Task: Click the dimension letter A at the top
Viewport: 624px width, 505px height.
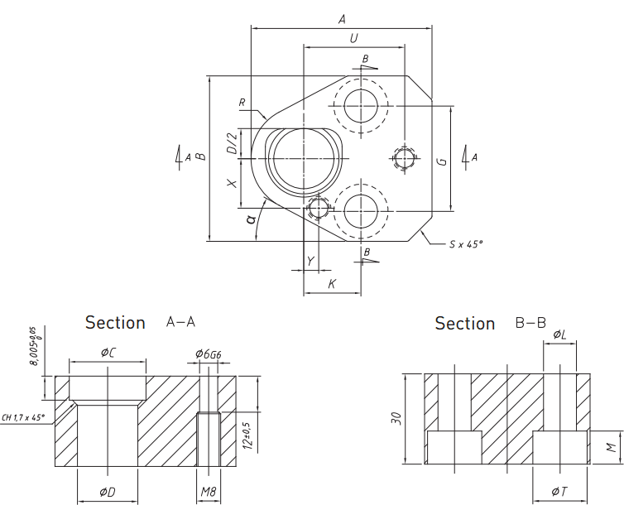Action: click(x=342, y=19)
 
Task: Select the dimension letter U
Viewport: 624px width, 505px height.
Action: click(x=354, y=38)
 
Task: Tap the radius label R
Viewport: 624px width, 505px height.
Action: click(x=242, y=103)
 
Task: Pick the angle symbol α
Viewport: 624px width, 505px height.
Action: click(x=249, y=219)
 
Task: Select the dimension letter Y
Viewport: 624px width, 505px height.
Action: click(x=310, y=262)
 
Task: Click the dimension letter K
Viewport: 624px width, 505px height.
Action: click(x=332, y=284)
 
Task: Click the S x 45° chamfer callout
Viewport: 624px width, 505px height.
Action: click(x=465, y=244)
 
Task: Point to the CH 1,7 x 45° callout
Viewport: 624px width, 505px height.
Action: click(x=23, y=417)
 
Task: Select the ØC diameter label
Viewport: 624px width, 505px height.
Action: click(x=108, y=353)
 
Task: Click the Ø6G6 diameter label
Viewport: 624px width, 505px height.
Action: click(x=208, y=353)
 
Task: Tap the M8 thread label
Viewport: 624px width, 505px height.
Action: click(x=208, y=492)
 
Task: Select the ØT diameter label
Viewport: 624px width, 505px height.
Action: click(x=560, y=493)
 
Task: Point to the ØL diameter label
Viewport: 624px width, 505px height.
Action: click(x=559, y=334)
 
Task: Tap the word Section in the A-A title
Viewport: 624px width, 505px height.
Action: click(x=115, y=323)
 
